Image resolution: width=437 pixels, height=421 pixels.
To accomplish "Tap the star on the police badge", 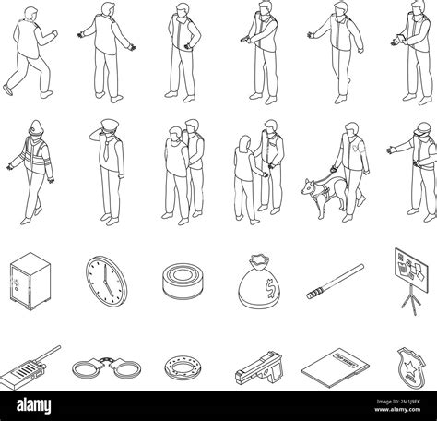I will (409, 385).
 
